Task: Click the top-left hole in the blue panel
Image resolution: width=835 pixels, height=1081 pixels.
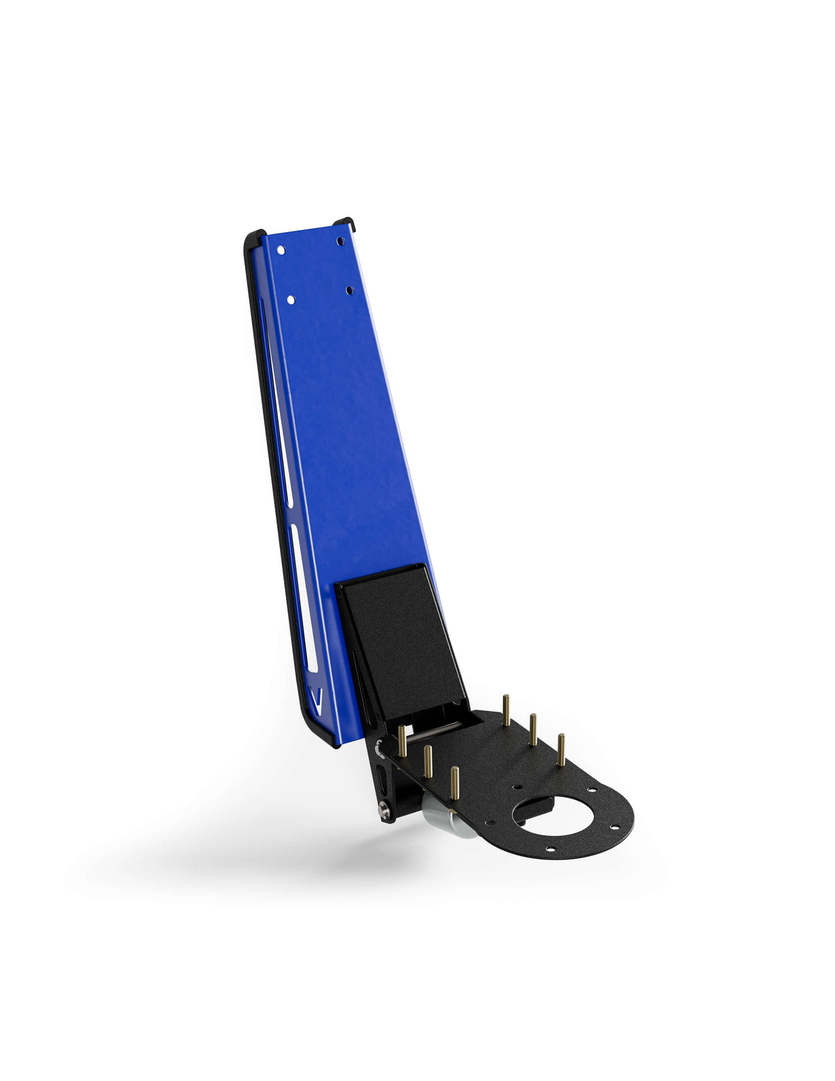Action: click(281, 251)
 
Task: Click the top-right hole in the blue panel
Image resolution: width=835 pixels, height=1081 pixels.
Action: click(340, 241)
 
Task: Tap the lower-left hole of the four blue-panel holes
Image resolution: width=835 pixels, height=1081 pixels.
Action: click(291, 299)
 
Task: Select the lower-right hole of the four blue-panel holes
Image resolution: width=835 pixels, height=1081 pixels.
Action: click(350, 290)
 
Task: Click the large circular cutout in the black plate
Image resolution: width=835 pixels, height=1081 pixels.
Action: click(553, 816)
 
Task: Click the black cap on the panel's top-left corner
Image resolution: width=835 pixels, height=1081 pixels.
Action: click(254, 237)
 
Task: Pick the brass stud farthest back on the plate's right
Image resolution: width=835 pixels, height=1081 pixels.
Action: click(506, 709)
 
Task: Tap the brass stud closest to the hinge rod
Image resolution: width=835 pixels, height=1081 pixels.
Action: click(402, 740)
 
